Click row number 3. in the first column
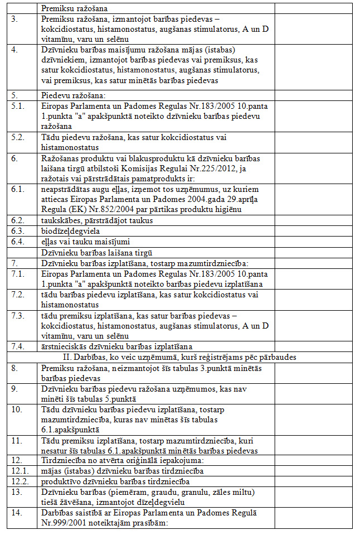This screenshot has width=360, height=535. (x=15, y=19)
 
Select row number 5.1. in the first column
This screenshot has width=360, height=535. (x=17, y=104)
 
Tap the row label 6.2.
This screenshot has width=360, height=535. (x=17, y=220)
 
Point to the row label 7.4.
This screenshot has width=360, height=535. (x=17, y=346)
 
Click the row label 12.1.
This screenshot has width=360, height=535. (x=19, y=471)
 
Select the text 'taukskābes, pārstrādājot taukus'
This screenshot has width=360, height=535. (x=97, y=220)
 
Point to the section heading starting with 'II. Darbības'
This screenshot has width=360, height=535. (x=180, y=356)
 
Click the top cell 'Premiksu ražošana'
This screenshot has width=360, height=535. (x=74, y=8)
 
